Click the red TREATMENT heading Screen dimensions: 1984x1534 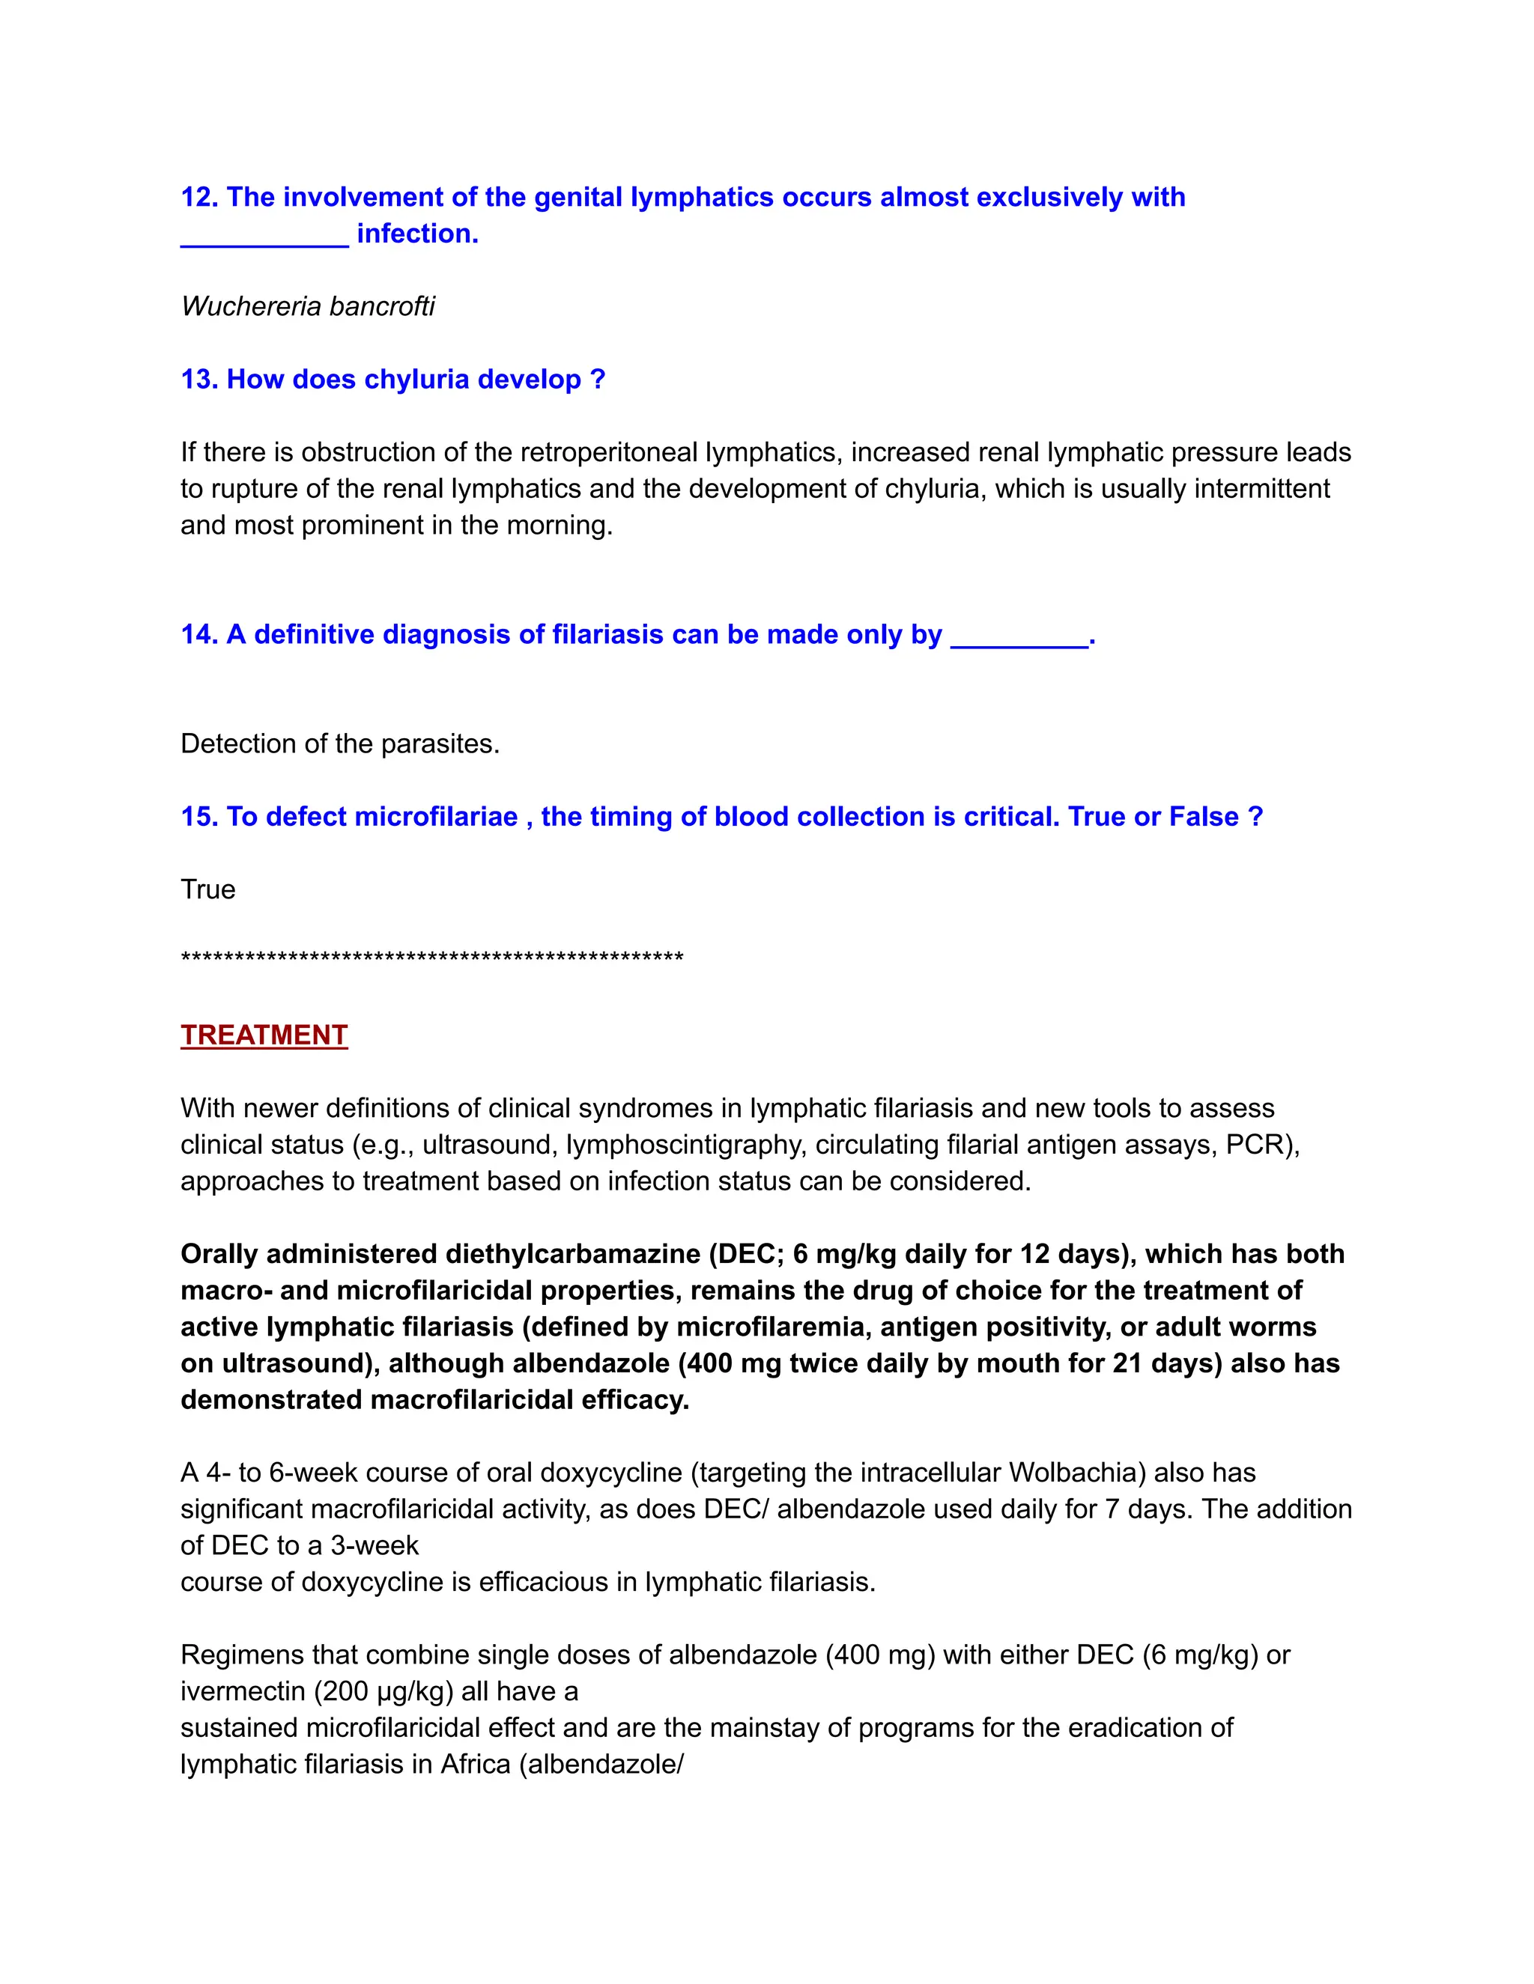coord(264,1035)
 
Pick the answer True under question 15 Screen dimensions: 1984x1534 coord(208,889)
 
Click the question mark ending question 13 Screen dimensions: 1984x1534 coord(597,379)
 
